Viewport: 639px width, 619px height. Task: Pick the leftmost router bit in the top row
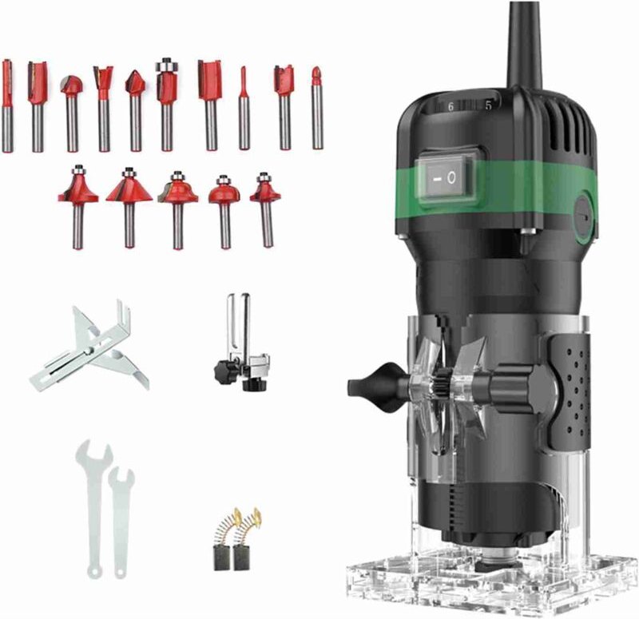[x=7, y=104]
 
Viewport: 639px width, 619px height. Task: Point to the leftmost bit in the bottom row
[x=77, y=204]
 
